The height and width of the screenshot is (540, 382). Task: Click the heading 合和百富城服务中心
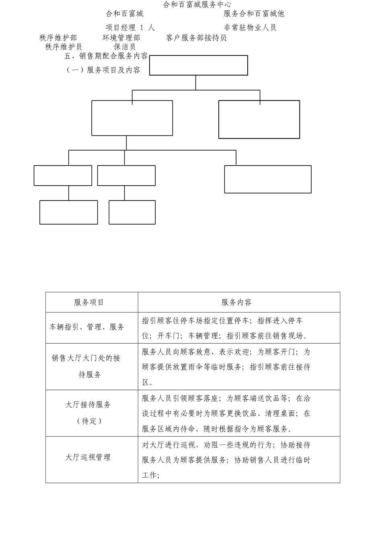(x=197, y=4)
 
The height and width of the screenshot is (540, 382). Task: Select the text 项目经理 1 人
(x=130, y=28)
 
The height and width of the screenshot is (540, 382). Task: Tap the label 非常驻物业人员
(x=250, y=28)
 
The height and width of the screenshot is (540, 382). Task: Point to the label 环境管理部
(x=121, y=38)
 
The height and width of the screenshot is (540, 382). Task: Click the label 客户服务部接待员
(x=196, y=38)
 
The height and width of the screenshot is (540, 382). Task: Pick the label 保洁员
(x=125, y=47)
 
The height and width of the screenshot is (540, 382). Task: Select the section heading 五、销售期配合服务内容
(x=106, y=56)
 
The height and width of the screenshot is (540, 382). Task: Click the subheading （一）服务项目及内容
(x=103, y=70)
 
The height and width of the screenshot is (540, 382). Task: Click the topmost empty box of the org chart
(x=198, y=65)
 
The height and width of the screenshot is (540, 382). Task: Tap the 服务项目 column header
(x=89, y=303)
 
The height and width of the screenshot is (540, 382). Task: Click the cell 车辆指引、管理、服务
(x=87, y=327)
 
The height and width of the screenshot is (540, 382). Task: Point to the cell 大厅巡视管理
(x=88, y=457)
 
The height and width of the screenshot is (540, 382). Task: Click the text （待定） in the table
(x=89, y=421)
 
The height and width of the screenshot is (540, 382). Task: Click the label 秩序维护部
(x=58, y=38)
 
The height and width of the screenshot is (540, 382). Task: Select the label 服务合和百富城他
(x=254, y=14)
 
